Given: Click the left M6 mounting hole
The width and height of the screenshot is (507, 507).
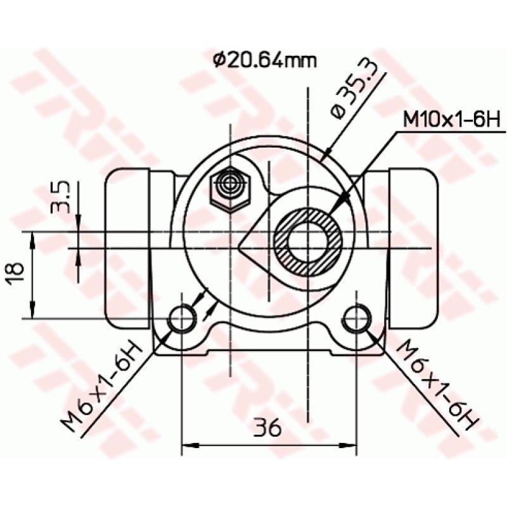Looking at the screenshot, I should pos(183,318).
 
